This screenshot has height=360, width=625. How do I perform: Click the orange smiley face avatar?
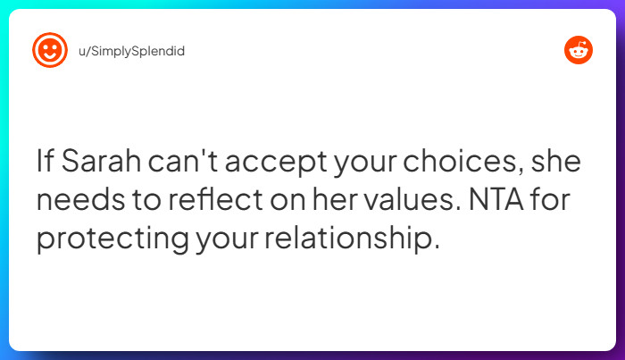(x=50, y=50)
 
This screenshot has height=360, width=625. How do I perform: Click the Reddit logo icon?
(x=578, y=51)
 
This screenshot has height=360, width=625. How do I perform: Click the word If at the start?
(x=44, y=163)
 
